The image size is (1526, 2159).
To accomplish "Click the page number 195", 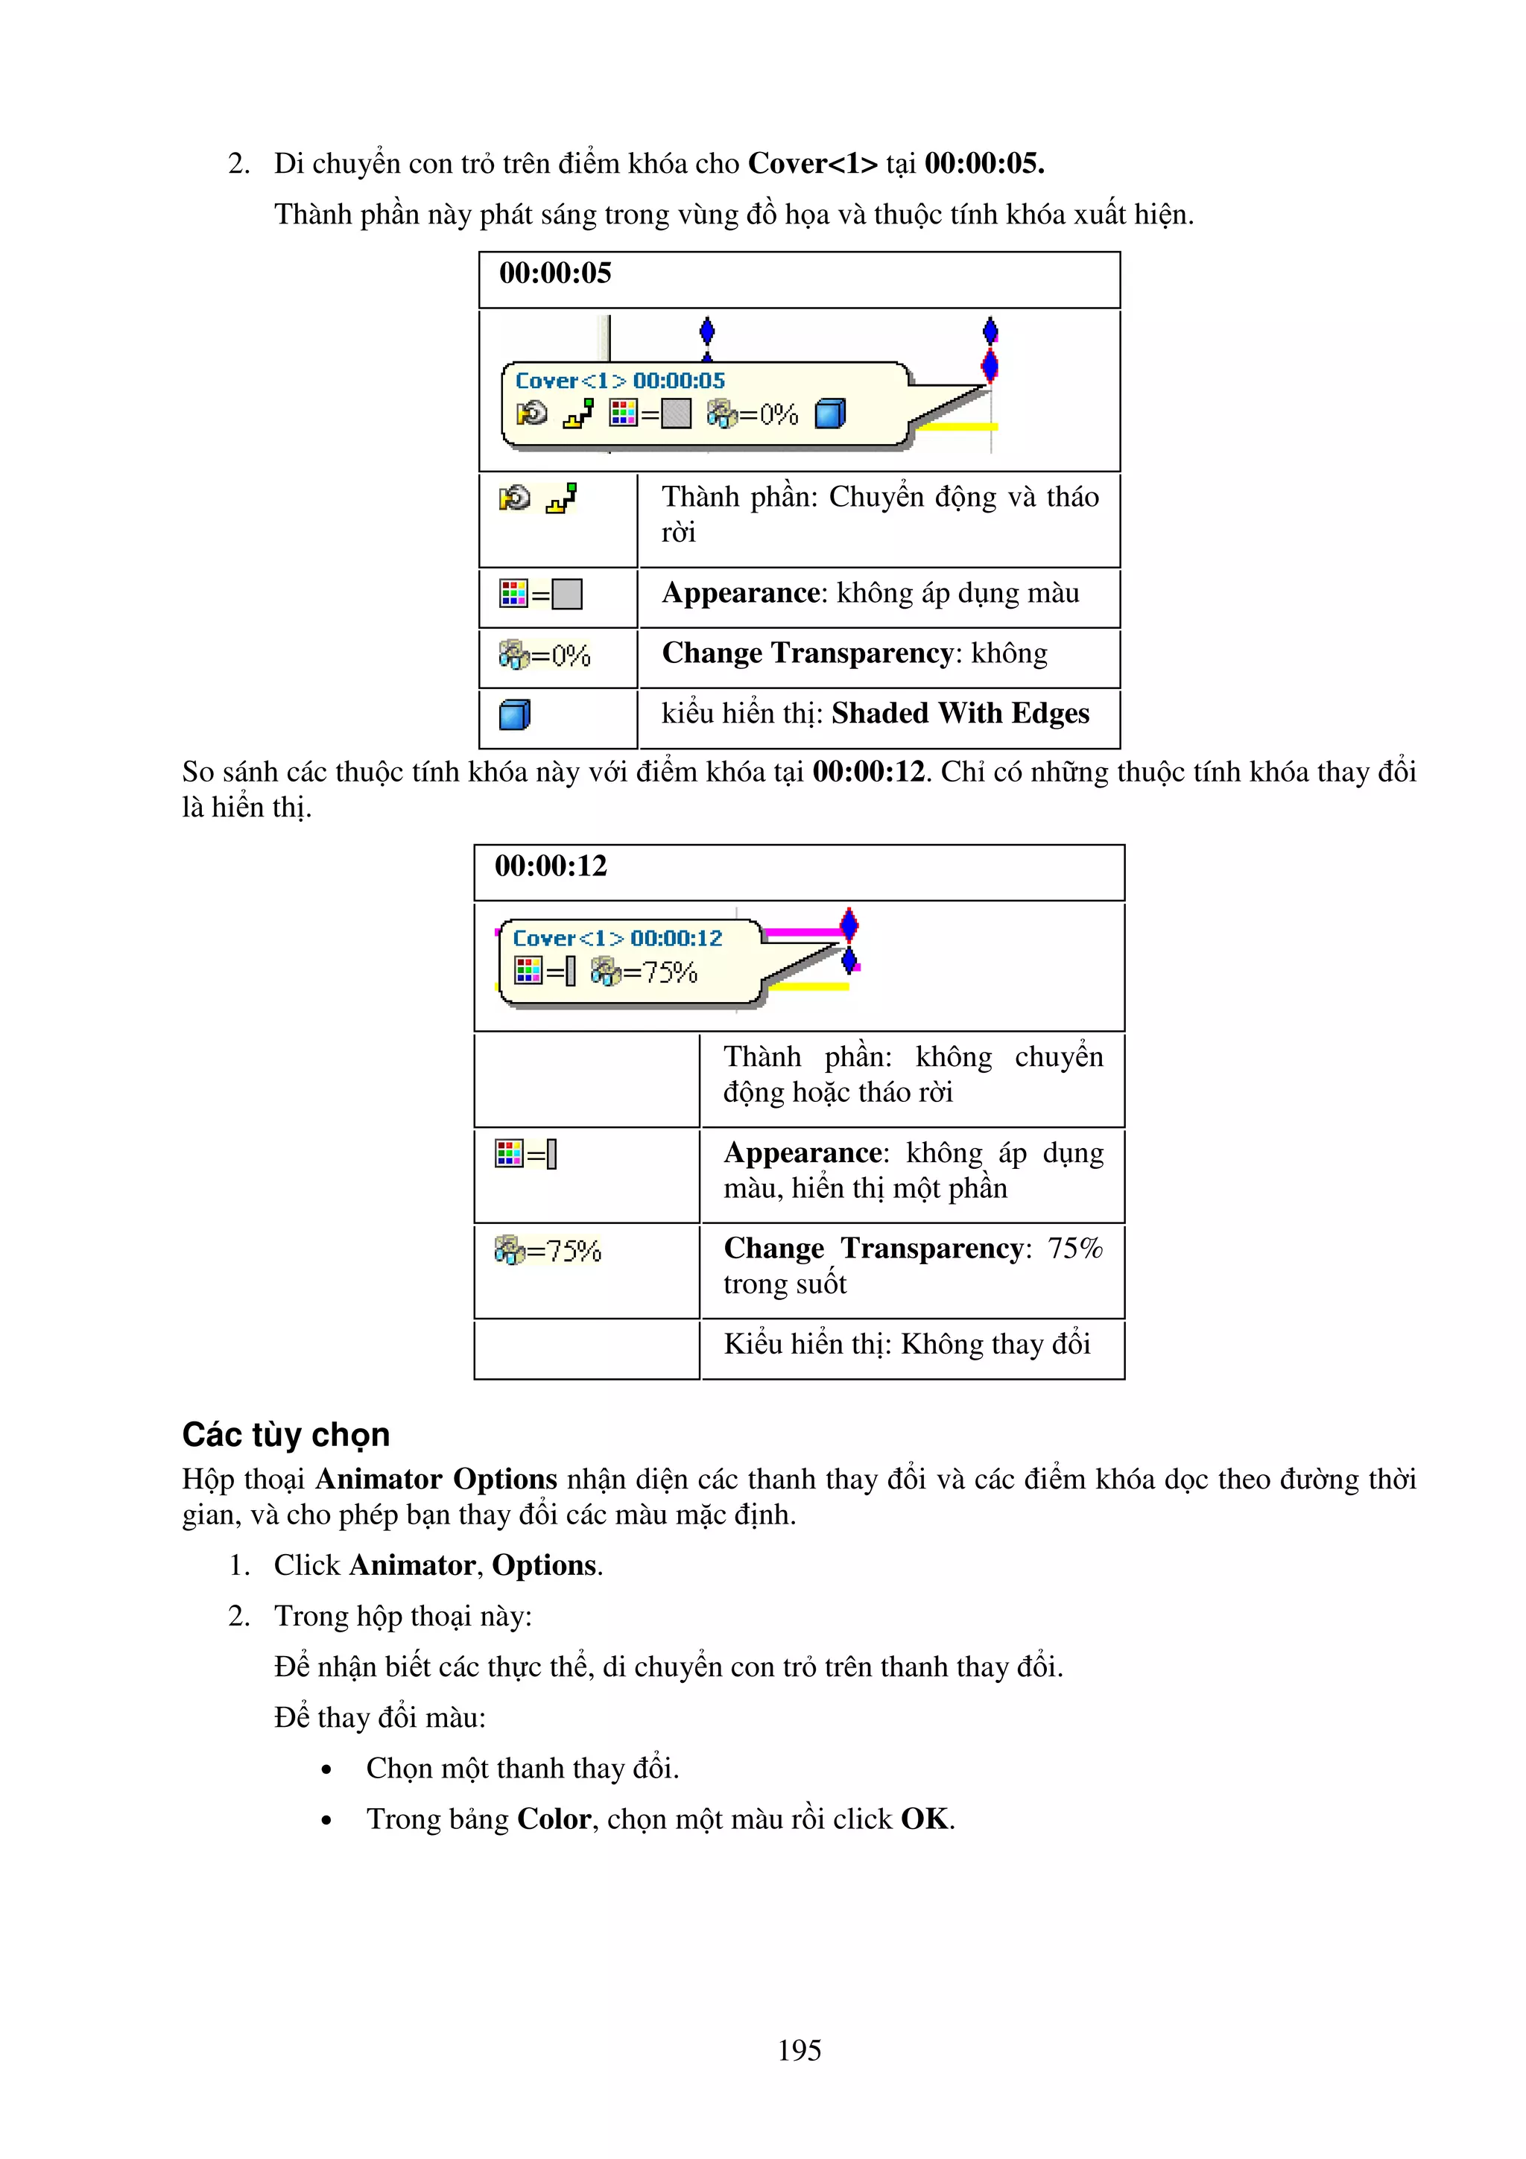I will (800, 2050).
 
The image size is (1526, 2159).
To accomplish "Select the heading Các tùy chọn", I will (286, 1435).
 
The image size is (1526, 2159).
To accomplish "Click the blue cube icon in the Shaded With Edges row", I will (514, 714).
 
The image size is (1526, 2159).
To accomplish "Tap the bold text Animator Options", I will (437, 1479).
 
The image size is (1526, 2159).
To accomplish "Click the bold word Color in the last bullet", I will (554, 1819).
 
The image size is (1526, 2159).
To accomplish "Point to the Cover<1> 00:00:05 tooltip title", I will (621, 381).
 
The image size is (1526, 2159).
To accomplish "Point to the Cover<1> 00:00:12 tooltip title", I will (618, 939).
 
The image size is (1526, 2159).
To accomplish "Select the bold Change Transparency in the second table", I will (873, 1248).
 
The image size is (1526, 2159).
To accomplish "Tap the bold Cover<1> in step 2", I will (812, 164).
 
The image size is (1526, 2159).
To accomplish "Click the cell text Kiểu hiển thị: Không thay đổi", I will (906, 1344).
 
